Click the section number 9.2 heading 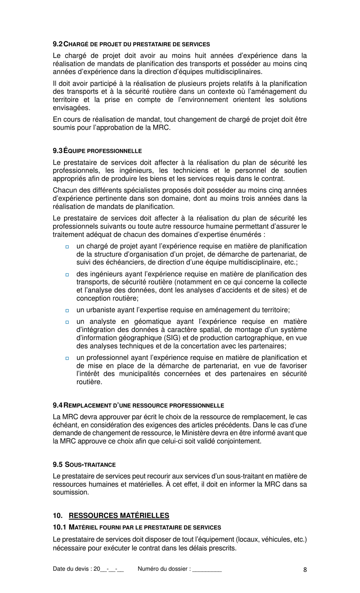click(x=58, y=44)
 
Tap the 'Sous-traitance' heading click(x=90, y=464)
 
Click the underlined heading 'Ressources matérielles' click(x=119, y=515)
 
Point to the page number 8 click(x=305, y=569)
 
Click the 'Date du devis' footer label click(x=72, y=569)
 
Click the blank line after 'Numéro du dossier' click(x=207, y=569)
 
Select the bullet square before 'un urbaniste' click(x=67, y=311)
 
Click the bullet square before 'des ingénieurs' click(x=67, y=275)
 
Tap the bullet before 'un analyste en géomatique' click(x=67, y=322)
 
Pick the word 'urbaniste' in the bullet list click(x=101, y=310)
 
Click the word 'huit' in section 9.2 click(x=201, y=56)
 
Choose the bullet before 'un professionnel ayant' click(x=67, y=358)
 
